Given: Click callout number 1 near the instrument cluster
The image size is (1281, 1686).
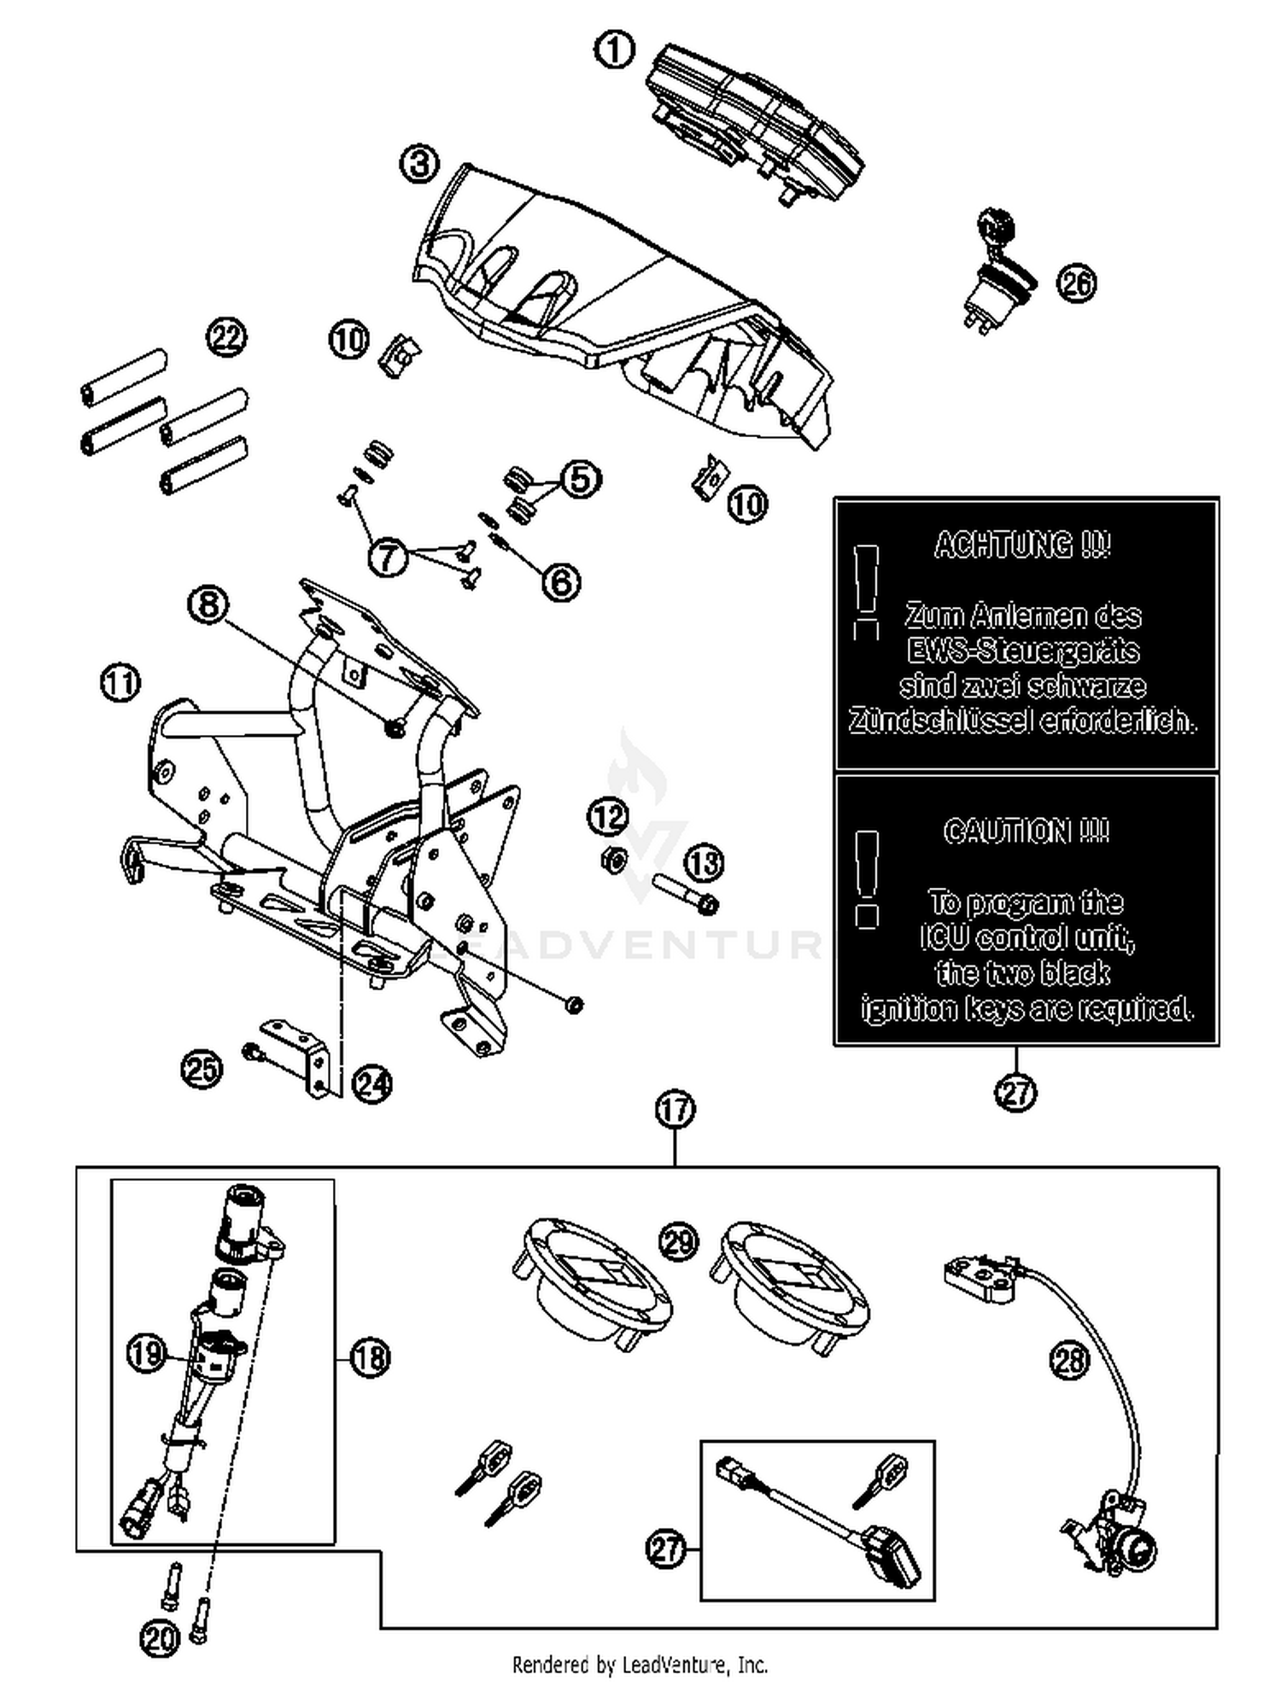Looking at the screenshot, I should coord(614,50).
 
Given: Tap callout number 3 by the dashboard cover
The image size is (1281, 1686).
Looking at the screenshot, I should coord(419,163).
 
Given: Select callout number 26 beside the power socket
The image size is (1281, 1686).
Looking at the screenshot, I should coord(1075,283).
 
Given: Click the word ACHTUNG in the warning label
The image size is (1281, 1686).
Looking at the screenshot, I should coord(1022,545).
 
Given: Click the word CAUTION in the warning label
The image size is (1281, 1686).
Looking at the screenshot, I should coord(1026,831).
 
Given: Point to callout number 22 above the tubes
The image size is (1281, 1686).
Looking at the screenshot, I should coord(226,338).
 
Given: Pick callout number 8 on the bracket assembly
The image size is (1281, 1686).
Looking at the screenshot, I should coord(208,605).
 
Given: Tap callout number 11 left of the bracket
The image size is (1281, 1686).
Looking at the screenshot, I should coord(120,683).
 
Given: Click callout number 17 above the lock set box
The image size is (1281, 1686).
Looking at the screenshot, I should coord(675,1110).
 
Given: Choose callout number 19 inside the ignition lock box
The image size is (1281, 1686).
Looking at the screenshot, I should coord(146,1353).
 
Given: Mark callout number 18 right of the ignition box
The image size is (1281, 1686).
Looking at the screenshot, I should coord(369,1356).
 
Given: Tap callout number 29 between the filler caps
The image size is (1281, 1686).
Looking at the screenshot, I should coord(679,1242).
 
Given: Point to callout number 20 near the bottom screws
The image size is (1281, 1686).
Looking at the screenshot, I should coord(159,1637).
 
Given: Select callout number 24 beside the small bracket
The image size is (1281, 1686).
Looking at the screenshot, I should coord(372,1084).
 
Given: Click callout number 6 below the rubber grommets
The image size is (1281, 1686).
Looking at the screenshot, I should coord(560,582).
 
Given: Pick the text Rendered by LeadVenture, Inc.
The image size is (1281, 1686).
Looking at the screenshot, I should coord(640,1664).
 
